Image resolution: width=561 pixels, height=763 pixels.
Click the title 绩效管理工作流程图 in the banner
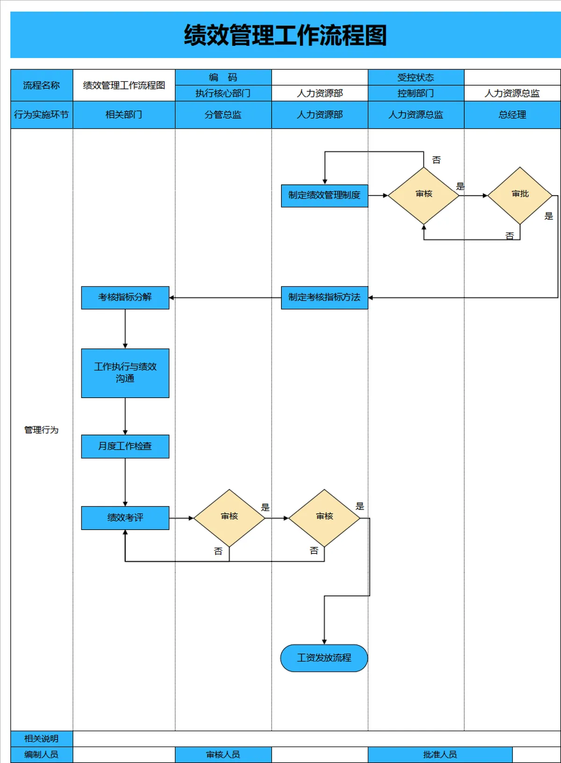pos(285,35)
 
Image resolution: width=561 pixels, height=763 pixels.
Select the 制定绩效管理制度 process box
pos(324,196)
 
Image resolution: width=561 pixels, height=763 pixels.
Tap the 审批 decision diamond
pos(520,196)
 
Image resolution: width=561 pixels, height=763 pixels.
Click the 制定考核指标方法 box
pos(324,298)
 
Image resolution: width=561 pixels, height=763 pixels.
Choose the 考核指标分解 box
pos(125,298)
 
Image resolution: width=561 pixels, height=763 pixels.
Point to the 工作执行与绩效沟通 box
pos(125,373)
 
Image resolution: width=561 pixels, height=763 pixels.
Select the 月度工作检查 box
pos(125,446)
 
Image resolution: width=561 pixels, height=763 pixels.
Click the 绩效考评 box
pos(125,518)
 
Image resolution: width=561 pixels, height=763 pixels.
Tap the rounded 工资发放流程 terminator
pos(324,658)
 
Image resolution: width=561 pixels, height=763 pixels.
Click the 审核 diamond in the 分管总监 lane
pos(229,518)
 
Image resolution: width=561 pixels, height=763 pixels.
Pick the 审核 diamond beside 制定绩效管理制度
pos(424,196)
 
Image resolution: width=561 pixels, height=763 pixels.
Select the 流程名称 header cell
pos(42,85)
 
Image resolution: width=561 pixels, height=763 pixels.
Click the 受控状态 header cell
pos(416,77)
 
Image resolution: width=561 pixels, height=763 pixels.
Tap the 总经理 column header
pos(512,115)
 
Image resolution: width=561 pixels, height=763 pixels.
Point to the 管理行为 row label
pos(41,430)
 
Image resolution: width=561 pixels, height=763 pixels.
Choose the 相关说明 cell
pos(42,739)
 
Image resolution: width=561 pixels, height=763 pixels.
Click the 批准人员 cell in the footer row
pos(440,755)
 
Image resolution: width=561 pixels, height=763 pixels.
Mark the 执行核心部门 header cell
pos(223,93)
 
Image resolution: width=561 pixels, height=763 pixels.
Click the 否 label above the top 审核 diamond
pos(436,160)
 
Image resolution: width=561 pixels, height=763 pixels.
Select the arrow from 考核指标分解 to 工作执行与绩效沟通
pos(125,329)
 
